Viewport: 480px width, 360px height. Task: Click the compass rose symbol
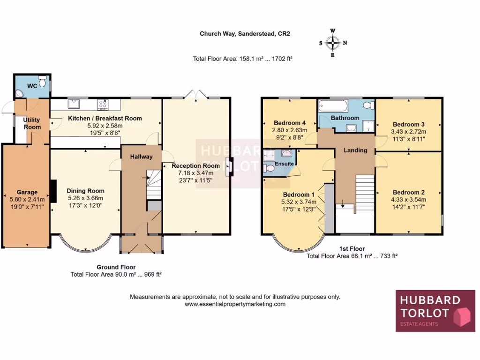[333, 43]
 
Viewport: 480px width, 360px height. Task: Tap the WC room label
[32, 86]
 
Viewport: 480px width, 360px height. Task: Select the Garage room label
[27, 192]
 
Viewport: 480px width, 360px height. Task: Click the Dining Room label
[85, 191]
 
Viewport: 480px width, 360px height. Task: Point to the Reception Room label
[195, 165]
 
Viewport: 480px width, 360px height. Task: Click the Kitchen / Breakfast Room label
[105, 118]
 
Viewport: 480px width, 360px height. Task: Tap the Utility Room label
[32, 123]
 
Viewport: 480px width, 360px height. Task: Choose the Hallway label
[141, 157]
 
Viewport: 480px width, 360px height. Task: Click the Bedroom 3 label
[408, 124]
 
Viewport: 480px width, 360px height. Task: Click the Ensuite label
[284, 164]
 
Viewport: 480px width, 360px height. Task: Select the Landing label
[355, 150]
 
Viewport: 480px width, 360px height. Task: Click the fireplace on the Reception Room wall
[228, 167]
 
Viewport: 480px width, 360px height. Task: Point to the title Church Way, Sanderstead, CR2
[242, 34]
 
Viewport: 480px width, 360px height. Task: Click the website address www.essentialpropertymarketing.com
[235, 304]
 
